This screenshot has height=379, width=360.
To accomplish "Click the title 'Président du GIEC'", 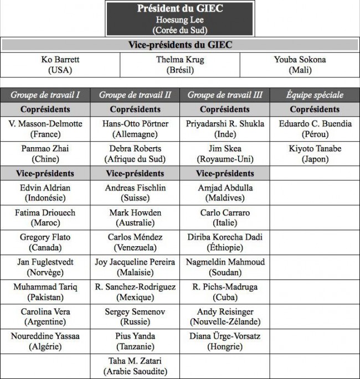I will pos(180,9).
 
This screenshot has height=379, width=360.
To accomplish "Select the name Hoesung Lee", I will pos(180,20).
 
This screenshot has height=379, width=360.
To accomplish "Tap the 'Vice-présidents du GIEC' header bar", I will pos(180,45).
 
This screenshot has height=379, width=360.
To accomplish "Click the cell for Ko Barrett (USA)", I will pos(60,65).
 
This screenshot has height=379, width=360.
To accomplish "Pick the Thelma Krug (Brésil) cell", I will pos(180,65).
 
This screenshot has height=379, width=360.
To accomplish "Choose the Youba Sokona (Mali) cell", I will pos(300,65).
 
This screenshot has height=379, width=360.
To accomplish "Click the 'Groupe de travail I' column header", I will pos(45,95).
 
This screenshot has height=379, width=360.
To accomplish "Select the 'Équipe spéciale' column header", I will pos(315,95).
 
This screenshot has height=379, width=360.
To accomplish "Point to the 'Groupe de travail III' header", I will pos(224,95).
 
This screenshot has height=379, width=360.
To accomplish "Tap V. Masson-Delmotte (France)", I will pos(45,129).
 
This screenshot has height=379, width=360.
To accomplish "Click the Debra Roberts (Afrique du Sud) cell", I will pos(135,154).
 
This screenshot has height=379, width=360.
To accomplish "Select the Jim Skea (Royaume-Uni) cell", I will pos(224,154).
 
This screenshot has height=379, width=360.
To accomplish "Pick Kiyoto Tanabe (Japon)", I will pos(315,154).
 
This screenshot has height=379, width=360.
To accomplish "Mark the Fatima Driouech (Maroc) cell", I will pos(45,217).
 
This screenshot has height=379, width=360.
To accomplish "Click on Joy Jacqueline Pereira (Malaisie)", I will pos(135,267).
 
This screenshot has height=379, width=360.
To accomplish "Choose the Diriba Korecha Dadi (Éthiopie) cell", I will pos(224,242).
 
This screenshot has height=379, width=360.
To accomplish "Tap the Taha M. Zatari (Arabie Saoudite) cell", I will pos(135,366).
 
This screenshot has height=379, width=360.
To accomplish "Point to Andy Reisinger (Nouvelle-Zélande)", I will pos(224,316).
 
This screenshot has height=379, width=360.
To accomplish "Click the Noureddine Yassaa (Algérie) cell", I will pos(45,341).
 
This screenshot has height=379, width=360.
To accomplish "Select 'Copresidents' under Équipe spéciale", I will pos(315,109).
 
